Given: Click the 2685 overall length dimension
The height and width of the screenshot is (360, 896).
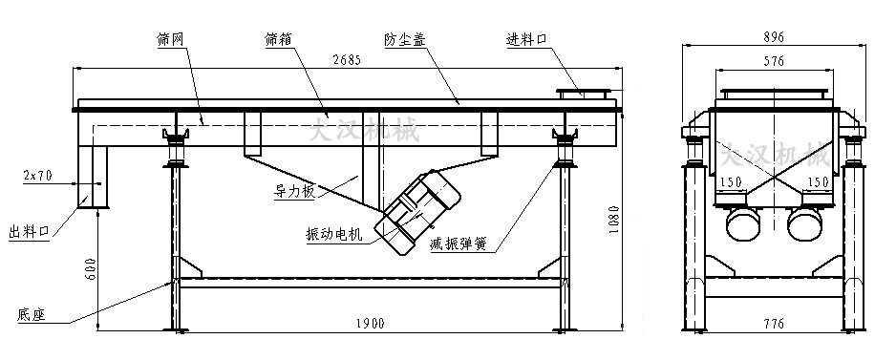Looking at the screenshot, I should [x=347, y=61].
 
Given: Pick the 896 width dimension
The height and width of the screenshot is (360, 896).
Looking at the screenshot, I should [x=774, y=37].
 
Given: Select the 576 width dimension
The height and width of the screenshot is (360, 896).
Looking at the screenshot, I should [x=774, y=61].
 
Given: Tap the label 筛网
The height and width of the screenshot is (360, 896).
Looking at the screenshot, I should [x=171, y=39].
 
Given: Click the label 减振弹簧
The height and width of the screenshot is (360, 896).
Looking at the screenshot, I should [x=459, y=244].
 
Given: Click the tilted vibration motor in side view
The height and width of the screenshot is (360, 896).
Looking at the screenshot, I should [x=418, y=210].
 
